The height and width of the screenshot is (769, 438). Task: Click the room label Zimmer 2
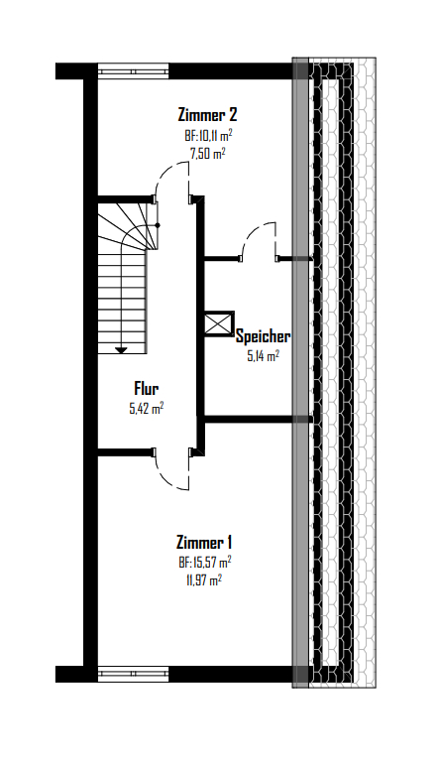point(207,115)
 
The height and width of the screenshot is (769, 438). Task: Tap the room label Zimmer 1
point(204,543)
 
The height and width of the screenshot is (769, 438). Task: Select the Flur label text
point(146,389)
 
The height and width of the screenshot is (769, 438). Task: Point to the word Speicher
point(263,337)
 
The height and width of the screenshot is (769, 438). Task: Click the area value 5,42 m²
point(146,409)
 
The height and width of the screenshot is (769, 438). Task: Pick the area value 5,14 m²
point(263,356)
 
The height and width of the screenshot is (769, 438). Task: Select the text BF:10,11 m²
point(208,135)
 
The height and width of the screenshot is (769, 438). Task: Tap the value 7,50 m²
point(207,154)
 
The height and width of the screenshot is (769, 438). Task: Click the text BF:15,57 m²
point(205,562)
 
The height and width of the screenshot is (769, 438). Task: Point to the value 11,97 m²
point(203,581)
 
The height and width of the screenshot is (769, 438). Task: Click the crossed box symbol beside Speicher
point(219,324)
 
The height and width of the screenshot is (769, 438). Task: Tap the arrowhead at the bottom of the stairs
point(121,350)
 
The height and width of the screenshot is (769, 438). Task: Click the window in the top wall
point(133,71)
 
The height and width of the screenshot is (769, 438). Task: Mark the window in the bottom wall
point(133,675)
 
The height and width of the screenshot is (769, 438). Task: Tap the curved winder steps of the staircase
point(128,226)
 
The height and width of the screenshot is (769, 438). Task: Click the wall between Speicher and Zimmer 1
point(254,420)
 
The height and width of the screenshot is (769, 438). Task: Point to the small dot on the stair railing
point(158,225)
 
